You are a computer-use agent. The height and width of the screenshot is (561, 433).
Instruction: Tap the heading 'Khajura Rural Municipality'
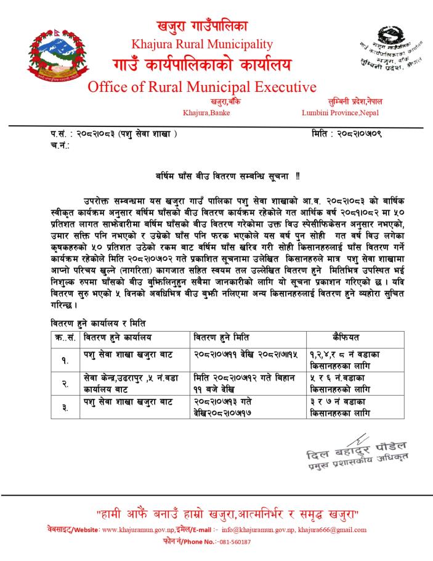202,43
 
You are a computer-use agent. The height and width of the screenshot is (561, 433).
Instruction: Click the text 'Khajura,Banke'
206,113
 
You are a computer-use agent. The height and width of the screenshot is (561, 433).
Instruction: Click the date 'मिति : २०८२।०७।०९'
347,133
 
